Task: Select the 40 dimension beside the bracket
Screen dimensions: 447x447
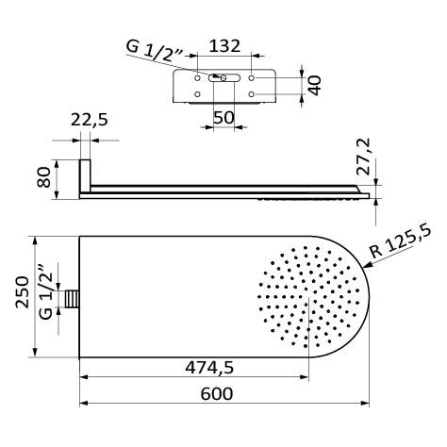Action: coord(315,84)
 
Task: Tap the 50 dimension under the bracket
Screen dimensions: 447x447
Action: coord(223,117)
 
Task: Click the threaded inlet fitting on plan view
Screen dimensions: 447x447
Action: coord(71,299)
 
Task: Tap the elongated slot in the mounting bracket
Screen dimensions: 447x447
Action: coord(223,80)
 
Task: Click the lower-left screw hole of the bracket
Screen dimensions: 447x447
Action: coord(196,94)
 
